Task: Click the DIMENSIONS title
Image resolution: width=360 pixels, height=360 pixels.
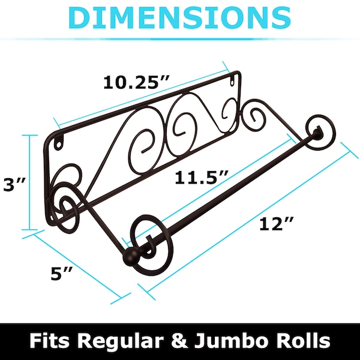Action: click(x=180, y=18)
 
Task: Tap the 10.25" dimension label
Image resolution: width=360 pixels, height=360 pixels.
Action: click(x=136, y=82)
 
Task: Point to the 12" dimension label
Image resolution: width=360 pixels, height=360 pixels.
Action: click(x=277, y=224)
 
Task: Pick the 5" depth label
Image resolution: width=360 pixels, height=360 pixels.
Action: click(x=62, y=273)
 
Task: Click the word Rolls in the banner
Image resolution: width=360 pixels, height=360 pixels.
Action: click(x=307, y=341)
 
